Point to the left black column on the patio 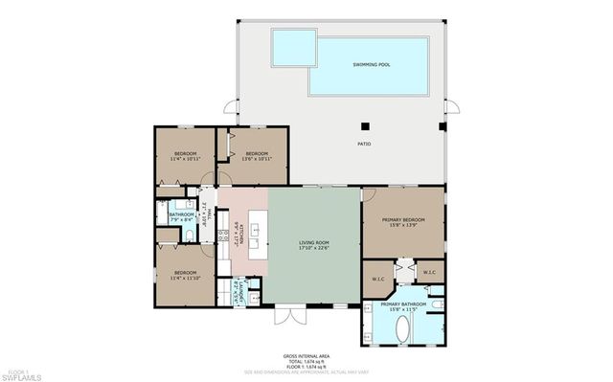point(364,124)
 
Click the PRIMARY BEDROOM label point(402,220)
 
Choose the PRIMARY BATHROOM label point(402,305)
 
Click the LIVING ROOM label point(312,243)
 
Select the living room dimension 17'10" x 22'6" point(312,250)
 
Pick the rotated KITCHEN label point(240,235)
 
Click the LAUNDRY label point(238,288)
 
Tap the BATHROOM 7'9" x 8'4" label point(182,217)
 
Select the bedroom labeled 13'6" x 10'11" point(254,157)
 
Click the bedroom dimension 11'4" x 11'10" point(186,278)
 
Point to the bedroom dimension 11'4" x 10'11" point(186,160)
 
